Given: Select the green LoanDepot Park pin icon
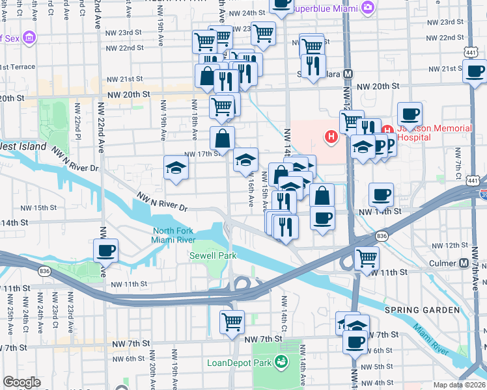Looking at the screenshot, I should pyautogui.click(x=281, y=361).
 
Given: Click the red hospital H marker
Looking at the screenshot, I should pyautogui.click(x=331, y=136).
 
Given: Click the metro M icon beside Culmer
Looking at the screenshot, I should pyautogui.click(x=464, y=263).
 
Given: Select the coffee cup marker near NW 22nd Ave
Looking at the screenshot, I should pyautogui.click(x=105, y=250).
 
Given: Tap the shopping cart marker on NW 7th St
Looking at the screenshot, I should pyautogui.click(x=232, y=322).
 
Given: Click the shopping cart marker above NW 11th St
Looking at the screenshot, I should pyautogui.click(x=367, y=258).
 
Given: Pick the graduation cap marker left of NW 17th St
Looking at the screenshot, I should pyautogui.click(x=176, y=168).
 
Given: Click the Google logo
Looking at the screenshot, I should pyautogui.click(x=21, y=382).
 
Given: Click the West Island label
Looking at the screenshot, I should pyautogui.click(x=23, y=147).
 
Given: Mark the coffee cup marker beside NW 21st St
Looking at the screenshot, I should pyautogui.click(x=474, y=70).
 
